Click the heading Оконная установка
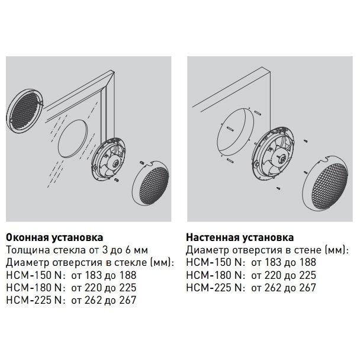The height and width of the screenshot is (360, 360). click(54, 237)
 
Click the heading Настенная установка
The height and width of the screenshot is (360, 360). click(240, 237)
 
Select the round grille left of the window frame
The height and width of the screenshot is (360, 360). click(24, 111)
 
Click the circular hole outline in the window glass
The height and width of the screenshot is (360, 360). click(73, 139)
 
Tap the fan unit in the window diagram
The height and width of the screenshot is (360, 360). click(108, 160)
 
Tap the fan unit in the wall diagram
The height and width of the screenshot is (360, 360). click(273, 155)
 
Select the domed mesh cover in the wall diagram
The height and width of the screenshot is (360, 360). click(326, 183)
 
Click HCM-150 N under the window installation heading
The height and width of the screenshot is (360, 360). click(34, 275)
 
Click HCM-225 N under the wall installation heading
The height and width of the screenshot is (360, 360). click(214, 288)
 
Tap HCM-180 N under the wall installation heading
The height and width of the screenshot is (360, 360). click(214, 275)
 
